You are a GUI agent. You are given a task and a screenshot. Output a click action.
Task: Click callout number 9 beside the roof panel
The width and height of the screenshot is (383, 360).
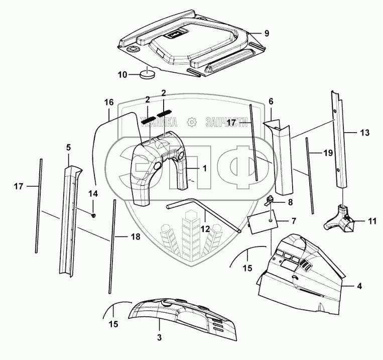tap(267, 34)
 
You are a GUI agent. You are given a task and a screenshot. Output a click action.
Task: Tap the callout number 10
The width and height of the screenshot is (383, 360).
tap(122, 75)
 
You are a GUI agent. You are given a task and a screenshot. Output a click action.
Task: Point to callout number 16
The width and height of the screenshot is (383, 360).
tap(109, 102)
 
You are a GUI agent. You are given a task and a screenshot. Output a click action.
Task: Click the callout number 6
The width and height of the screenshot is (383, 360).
tap(271, 101)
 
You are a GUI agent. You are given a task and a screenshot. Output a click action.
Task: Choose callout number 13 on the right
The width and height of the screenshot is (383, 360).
tap(364, 133)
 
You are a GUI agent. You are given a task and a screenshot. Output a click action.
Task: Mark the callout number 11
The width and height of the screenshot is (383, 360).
tap(371, 220)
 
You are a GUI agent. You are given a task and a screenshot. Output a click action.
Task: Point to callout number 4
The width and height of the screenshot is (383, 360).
tap(359, 287)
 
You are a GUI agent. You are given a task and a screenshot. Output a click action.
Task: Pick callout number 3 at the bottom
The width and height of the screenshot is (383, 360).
tap(159, 337)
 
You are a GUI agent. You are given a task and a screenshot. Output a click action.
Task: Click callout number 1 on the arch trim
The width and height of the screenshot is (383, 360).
tap(205, 168)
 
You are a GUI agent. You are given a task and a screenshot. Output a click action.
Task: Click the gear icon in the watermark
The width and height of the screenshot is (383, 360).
tap(191, 122)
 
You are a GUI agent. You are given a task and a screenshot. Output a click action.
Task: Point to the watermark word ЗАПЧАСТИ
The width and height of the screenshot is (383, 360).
tap(226, 122)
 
